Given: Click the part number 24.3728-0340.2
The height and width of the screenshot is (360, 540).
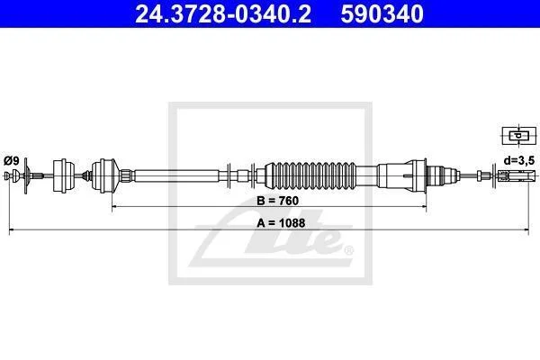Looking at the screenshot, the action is (x=223, y=13).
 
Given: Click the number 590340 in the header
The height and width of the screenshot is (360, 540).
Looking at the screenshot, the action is (x=382, y=13).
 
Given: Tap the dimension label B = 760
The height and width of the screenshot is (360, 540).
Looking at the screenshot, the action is (x=277, y=201).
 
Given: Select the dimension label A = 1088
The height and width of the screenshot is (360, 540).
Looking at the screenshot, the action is (x=281, y=223).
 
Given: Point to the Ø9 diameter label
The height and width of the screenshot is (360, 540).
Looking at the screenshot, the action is (x=12, y=160).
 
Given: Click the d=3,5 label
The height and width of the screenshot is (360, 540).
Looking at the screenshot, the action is (x=519, y=160).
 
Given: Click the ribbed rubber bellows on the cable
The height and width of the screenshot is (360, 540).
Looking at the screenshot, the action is (x=310, y=175).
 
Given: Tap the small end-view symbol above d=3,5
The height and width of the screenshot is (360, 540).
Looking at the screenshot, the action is (x=519, y=135).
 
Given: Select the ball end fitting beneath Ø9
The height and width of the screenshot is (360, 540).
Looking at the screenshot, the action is (x=15, y=175).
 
